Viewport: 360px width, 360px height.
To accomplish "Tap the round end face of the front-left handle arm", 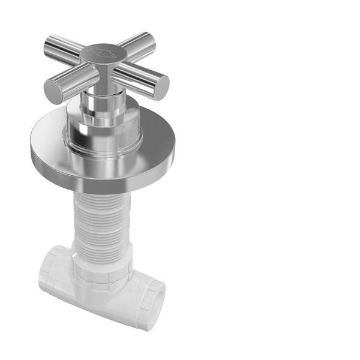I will (x=55, y=92).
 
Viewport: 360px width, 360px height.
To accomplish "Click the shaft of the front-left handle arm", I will (x=75, y=80).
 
